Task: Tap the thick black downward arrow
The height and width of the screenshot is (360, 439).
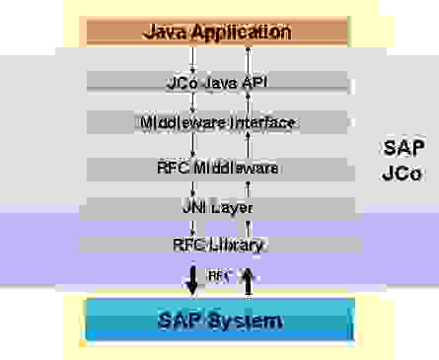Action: click(192, 280)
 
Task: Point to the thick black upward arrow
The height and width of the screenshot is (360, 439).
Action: click(249, 280)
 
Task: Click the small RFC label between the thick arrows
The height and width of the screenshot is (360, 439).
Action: click(219, 277)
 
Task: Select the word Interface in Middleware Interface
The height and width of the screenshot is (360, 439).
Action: click(261, 122)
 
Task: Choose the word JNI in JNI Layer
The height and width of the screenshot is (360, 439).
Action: click(196, 208)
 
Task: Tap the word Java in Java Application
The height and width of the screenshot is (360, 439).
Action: click(165, 32)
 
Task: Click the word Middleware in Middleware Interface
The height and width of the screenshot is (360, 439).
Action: click(183, 122)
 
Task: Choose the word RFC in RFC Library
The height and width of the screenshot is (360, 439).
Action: click(188, 244)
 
